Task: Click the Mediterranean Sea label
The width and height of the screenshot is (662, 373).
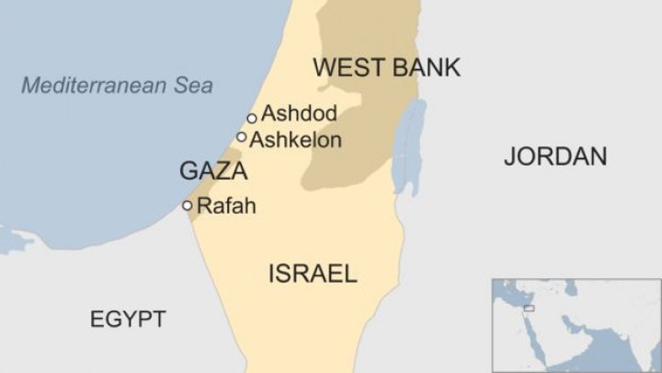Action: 117,86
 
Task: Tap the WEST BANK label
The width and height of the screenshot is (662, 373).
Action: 386,67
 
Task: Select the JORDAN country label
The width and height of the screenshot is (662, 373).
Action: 555,157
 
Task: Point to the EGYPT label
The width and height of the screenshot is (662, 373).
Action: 128,320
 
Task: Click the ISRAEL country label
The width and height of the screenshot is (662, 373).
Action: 312,274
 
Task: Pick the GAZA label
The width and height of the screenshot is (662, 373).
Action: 212,171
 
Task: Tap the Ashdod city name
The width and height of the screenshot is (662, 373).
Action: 299,114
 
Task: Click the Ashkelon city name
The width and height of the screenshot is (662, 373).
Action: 295,140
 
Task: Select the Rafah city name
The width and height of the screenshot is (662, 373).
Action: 226,205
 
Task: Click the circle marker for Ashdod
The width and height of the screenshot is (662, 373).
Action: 252,118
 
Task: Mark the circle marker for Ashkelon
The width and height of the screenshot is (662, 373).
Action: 242,137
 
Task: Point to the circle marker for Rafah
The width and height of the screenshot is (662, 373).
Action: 188,205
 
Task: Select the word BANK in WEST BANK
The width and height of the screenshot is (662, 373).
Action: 426,67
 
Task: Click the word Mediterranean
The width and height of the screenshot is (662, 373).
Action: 95,86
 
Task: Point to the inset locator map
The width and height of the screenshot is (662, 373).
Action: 576,324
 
